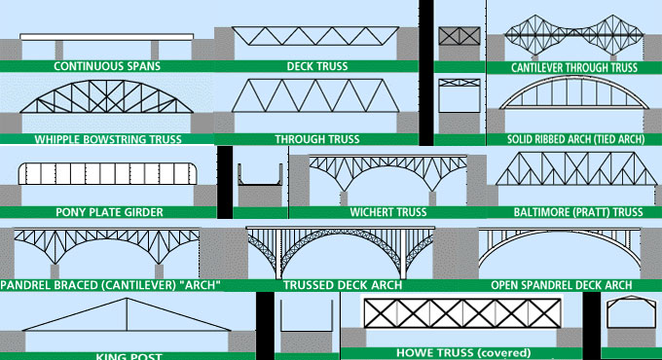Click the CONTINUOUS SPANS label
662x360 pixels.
tap(107, 67)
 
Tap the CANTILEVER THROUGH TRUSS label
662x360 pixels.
tap(573, 68)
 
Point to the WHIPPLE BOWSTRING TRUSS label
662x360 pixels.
tap(108, 139)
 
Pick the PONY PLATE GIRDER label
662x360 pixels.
tap(108, 211)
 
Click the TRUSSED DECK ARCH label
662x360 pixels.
tap(337, 285)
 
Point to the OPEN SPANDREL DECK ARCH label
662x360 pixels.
tap(561, 285)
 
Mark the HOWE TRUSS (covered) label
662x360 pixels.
tap(462, 352)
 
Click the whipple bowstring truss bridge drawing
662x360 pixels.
tap(108, 106)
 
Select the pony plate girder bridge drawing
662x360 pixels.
tap(108, 176)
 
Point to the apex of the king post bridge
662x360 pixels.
tap(128, 300)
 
